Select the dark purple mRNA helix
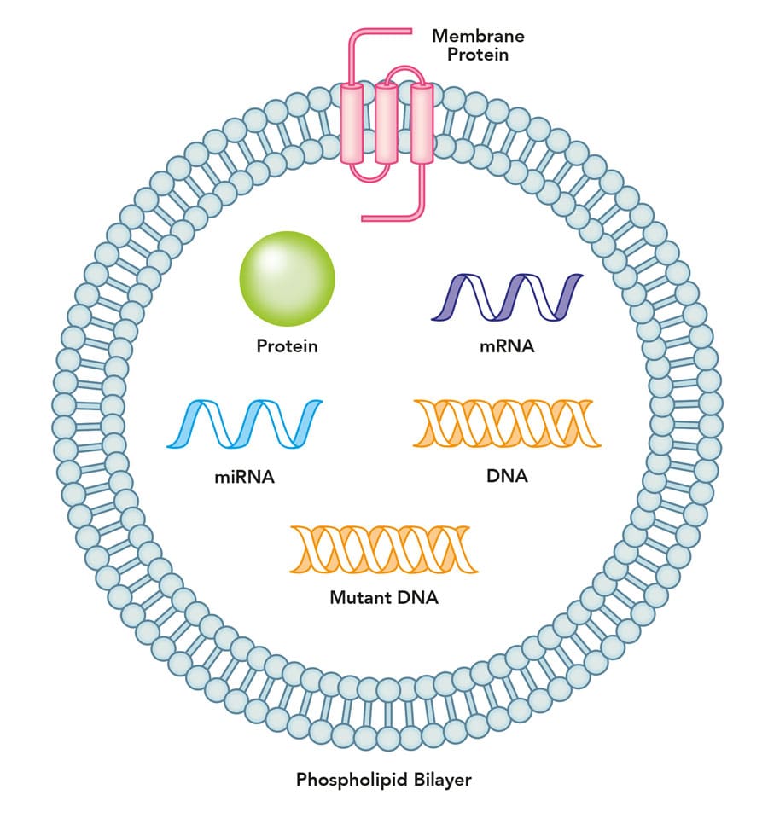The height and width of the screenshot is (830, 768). tap(507, 298)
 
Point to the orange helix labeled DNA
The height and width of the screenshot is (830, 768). tap(507, 422)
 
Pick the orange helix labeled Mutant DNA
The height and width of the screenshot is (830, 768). tap(383, 549)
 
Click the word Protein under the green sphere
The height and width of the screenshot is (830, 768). tap(287, 346)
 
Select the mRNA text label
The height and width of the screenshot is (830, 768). tap(507, 346)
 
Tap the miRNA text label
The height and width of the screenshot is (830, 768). tap(244, 477)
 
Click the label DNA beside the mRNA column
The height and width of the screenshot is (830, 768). tap(507, 476)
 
